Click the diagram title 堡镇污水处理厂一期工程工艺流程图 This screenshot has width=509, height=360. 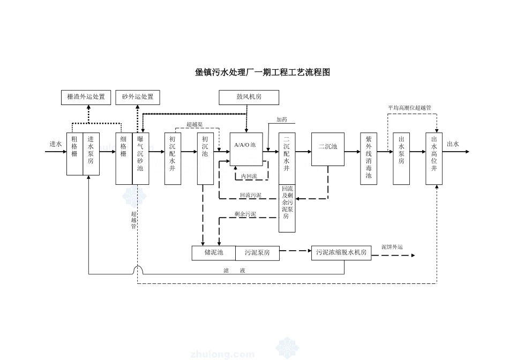[x=262, y=72]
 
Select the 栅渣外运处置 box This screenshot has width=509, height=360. [x=86, y=97]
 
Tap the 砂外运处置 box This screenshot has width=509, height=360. [x=138, y=97]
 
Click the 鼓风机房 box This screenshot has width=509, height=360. [x=249, y=97]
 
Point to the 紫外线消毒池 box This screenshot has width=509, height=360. [x=369, y=158]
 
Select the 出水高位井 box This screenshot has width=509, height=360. [x=434, y=158]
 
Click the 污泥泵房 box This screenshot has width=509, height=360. [x=257, y=252]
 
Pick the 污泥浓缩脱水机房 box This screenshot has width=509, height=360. [x=341, y=252]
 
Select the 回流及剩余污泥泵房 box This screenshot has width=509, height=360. [x=287, y=208]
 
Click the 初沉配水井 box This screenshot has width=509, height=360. [x=173, y=158]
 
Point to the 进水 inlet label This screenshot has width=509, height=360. [x=56, y=144]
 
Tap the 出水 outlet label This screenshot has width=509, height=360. [x=453, y=144]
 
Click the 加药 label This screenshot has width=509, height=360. [x=282, y=120]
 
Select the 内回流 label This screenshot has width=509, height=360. [x=249, y=176]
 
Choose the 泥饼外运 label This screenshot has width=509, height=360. [x=392, y=247]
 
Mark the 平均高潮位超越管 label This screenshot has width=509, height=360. [x=409, y=108]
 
